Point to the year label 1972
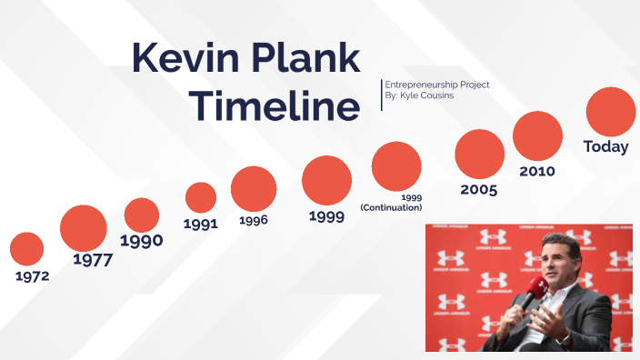click(32, 275)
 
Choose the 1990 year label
click(142, 241)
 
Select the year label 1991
click(201, 224)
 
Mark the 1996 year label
click(254, 220)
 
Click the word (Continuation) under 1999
click(391, 207)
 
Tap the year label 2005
click(479, 189)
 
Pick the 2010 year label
click(537, 171)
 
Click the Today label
click(606, 147)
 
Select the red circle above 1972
click(27, 249)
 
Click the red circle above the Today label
click(610, 112)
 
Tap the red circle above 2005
click(480, 154)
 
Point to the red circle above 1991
click(201, 197)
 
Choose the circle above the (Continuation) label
click(396, 166)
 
